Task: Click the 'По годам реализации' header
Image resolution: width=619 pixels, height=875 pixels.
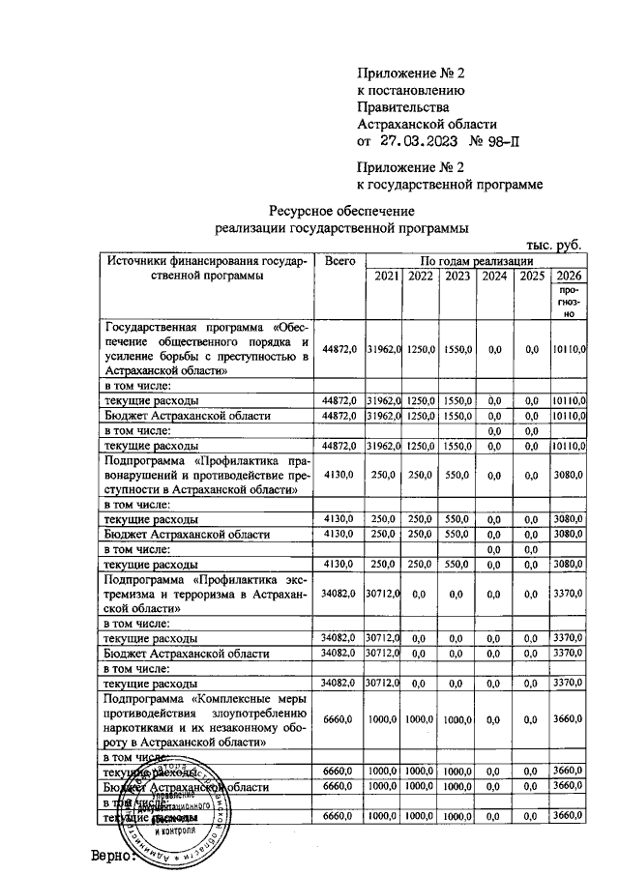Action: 475,262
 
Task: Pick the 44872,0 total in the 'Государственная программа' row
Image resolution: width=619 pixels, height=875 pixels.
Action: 340,349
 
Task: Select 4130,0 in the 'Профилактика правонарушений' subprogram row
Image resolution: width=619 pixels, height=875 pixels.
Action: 340,476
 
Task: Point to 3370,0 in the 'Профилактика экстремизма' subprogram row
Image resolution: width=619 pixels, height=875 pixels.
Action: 569,595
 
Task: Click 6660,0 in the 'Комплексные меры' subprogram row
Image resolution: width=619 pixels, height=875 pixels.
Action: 340,720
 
